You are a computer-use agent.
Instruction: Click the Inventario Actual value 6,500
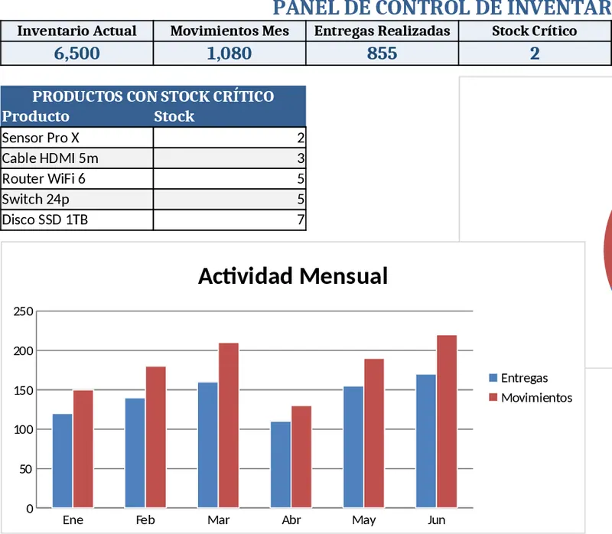(76, 54)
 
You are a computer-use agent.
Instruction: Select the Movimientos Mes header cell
(229, 31)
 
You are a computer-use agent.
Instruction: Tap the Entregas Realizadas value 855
(382, 54)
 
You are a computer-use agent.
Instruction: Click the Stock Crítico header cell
(534, 31)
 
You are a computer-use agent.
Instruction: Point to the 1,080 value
(229, 54)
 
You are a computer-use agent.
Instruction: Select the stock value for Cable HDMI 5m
(229, 158)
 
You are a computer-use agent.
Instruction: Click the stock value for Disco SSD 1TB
(229, 220)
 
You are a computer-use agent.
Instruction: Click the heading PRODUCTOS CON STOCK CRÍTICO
(153, 96)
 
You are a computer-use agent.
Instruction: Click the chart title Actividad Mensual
(293, 275)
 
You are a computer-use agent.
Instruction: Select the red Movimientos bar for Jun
(447, 422)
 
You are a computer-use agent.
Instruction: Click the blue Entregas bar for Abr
(281, 464)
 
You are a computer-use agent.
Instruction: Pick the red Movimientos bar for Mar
(229, 425)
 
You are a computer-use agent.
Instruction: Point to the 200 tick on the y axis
(23, 350)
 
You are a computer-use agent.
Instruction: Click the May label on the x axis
(364, 520)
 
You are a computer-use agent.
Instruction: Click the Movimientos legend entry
(535, 398)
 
